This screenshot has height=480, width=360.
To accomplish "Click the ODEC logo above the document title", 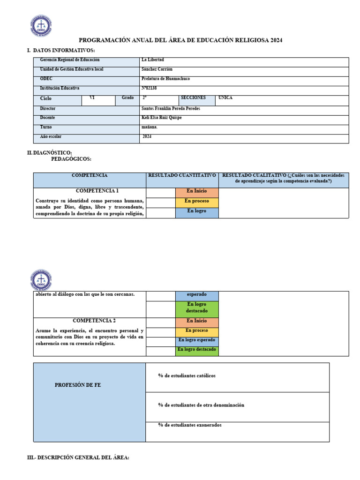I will [41, 26].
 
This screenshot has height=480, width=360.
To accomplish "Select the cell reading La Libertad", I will [152, 60].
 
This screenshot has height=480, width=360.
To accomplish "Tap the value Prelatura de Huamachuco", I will [165, 79].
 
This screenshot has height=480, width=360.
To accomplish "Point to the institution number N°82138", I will [150, 88].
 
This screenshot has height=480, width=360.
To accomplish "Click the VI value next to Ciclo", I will [85, 98].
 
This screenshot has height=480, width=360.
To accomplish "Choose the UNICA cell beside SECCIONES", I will [225, 98].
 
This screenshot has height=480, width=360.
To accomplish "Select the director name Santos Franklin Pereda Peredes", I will [171, 108].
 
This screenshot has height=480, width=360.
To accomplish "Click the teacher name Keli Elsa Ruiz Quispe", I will [161, 118].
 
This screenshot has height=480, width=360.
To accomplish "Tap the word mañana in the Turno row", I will [150, 127].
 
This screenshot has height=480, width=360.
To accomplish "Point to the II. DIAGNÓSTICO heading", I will [49, 153].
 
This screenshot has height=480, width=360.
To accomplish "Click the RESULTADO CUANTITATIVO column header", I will [182, 175].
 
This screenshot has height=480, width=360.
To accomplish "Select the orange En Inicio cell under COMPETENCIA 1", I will [196, 191].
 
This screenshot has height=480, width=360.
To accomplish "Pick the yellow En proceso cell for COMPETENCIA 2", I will [196, 330].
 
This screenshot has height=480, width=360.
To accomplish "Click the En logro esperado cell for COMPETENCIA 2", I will [196, 340].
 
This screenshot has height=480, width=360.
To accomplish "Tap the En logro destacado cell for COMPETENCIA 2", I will [196, 350].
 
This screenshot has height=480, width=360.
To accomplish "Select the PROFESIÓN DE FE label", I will [78, 385].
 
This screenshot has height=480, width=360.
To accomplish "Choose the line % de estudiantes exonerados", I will [190, 425].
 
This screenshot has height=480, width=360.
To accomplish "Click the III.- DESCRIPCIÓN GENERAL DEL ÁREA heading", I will [78, 457].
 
